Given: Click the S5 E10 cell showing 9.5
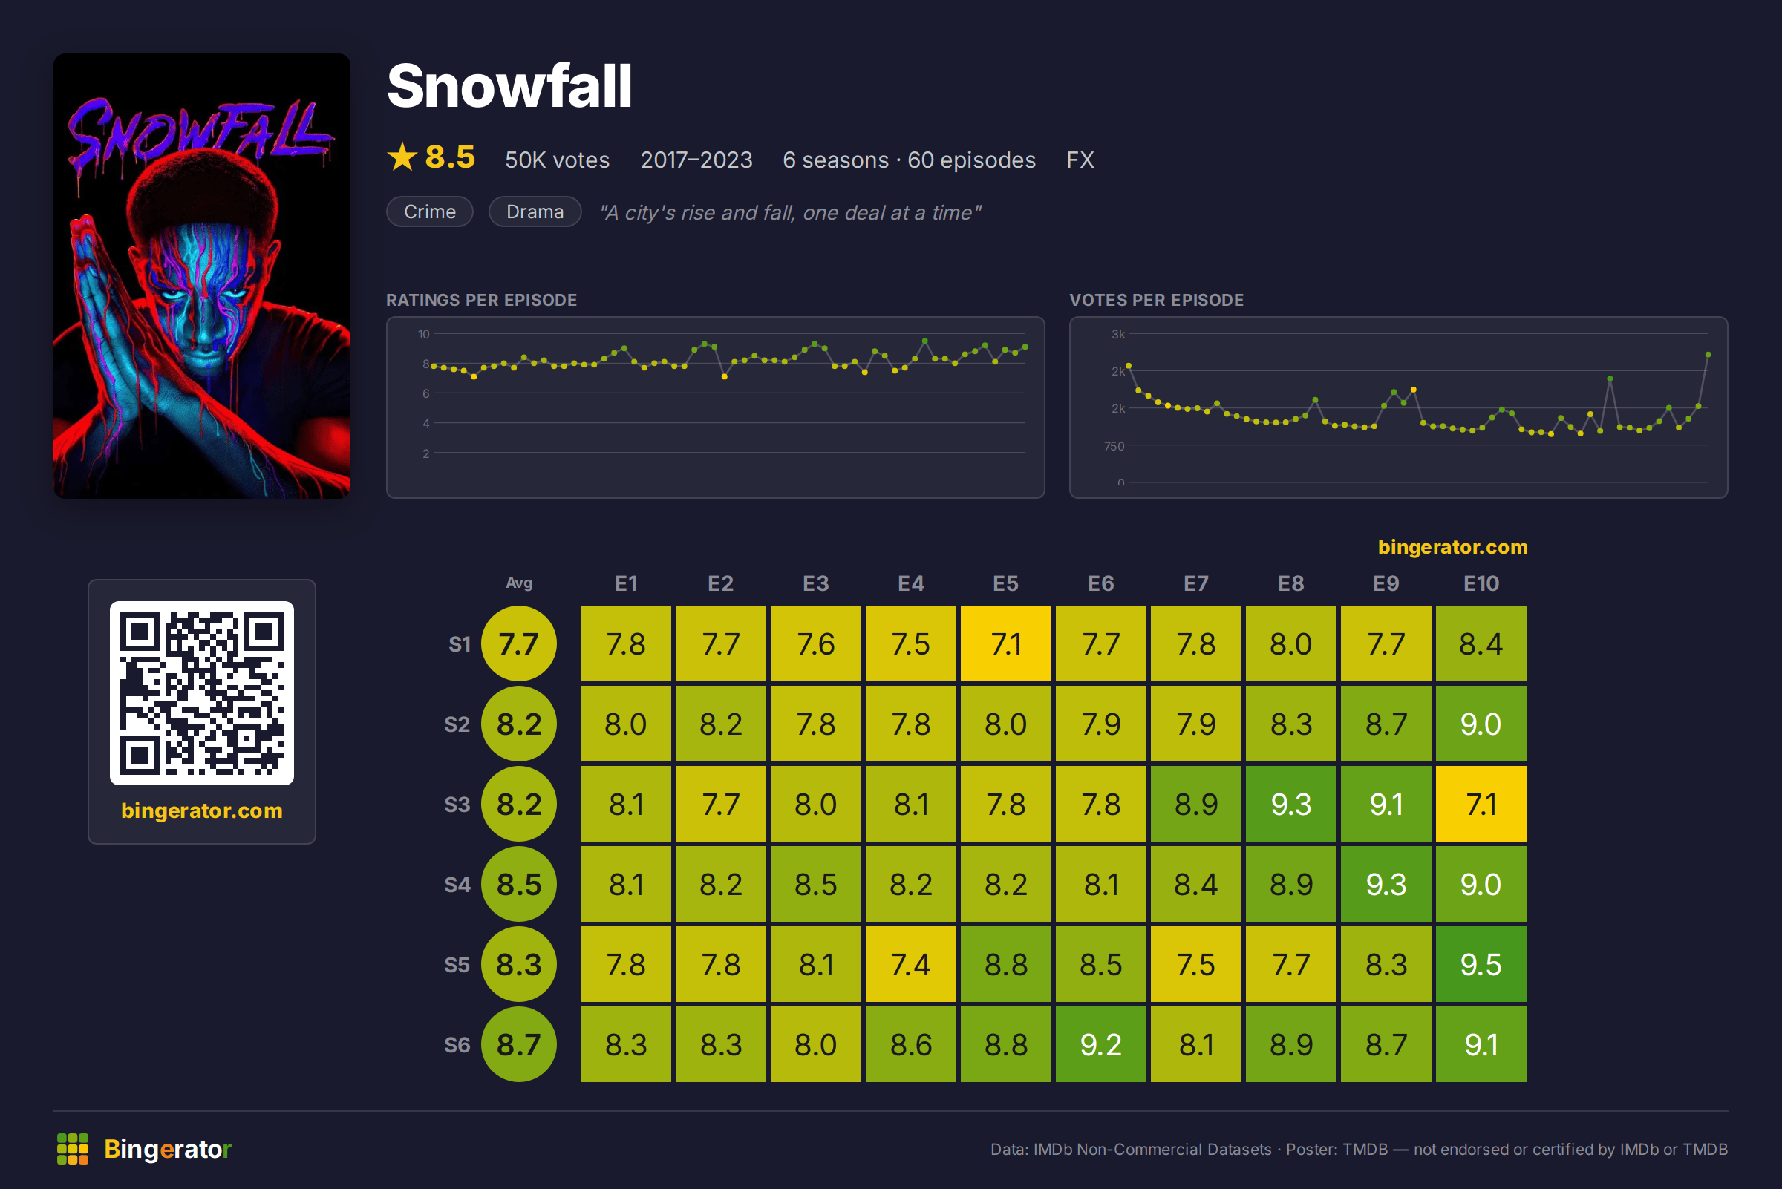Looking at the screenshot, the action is click(x=1480, y=964).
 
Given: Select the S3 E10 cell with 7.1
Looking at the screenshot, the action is click(x=1480, y=804).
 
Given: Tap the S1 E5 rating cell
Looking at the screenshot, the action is click(x=1005, y=643).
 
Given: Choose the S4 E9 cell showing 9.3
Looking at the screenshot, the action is click(x=1386, y=883).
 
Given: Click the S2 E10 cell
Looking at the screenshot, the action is click(x=1480, y=724).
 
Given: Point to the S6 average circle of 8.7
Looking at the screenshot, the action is click(x=519, y=1044).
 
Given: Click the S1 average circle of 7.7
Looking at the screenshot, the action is click(x=519, y=643).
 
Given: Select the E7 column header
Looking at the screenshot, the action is click(x=1195, y=583).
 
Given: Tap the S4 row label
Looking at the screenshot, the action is click(x=457, y=884).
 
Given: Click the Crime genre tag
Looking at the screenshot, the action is click(x=429, y=212).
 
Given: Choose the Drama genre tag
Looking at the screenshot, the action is click(x=535, y=212).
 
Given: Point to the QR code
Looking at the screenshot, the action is click(x=202, y=692).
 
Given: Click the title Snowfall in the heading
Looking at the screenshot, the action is click(x=510, y=85).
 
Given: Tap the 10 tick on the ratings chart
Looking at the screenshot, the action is click(x=423, y=334).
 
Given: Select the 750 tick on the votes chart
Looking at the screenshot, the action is click(x=1114, y=446).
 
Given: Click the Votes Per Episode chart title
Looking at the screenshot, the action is click(x=1156, y=300).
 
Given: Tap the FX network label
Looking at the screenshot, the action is click(x=1080, y=160).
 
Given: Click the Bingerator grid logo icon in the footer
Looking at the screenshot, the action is click(x=73, y=1149).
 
